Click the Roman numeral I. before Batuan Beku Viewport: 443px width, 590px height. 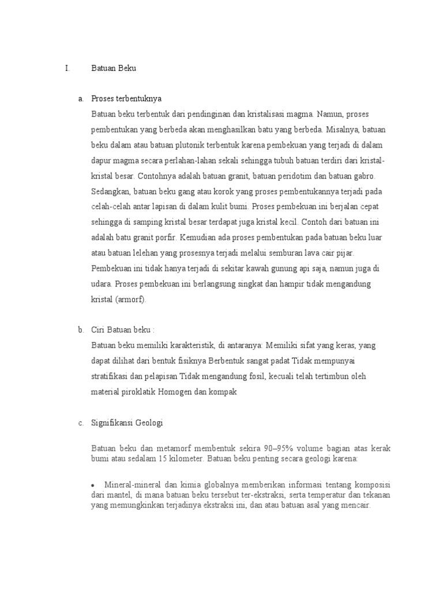[67, 69]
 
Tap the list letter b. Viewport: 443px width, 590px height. [81, 330]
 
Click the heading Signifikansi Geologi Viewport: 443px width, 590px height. [127, 423]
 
